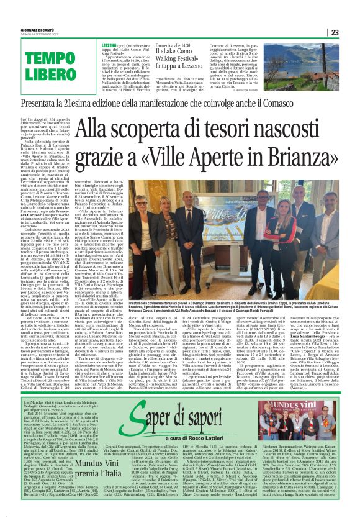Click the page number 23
pyautogui.click(x=350, y=32)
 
